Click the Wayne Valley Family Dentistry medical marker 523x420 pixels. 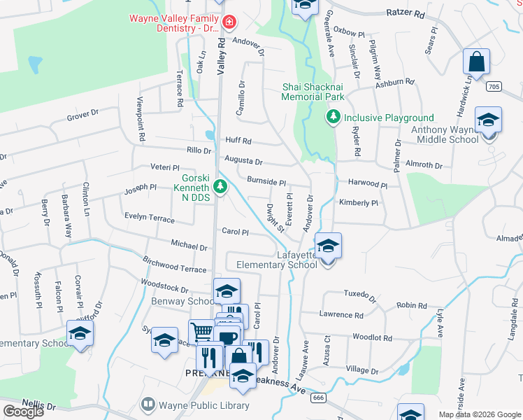(x=229, y=24)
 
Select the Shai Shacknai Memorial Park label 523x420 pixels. (x=313, y=92)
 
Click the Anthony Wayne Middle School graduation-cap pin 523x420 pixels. (x=488, y=120)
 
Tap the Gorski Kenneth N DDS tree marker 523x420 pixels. (x=220, y=186)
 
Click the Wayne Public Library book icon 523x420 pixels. (x=148, y=405)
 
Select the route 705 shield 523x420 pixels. (x=493, y=86)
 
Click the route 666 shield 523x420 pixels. (x=318, y=397)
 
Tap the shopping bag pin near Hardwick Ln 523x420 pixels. (x=476, y=62)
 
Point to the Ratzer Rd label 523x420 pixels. (x=405, y=13)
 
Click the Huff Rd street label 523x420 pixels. (x=238, y=141)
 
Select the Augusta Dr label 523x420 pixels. (x=243, y=161)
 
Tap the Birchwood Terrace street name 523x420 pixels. (x=174, y=268)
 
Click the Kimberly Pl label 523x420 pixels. (x=358, y=203)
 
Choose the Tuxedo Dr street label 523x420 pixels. (x=359, y=295)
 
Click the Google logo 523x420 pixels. (x=23, y=412)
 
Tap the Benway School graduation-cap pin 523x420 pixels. (x=227, y=290)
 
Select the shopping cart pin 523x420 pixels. (x=201, y=331)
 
